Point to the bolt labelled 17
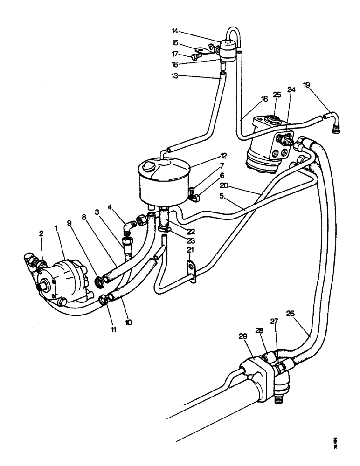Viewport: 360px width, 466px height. click(195, 56)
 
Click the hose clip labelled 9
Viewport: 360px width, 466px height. click(100, 282)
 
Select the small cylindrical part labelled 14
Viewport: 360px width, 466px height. click(228, 49)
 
